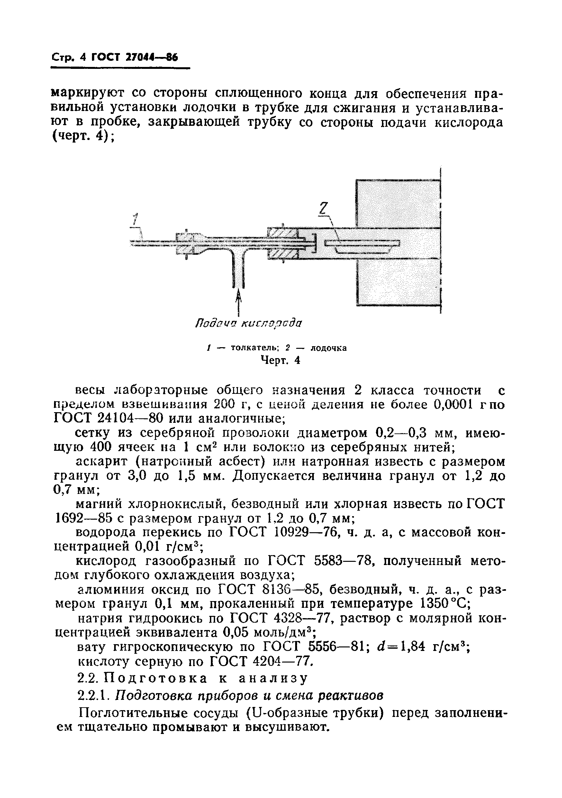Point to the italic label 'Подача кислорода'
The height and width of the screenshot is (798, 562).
(x=248, y=323)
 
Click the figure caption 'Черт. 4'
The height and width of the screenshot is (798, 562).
(x=280, y=360)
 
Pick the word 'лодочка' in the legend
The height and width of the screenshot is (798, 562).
(x=328, y=348)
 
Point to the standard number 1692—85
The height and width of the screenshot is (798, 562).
(x=84, y=519)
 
